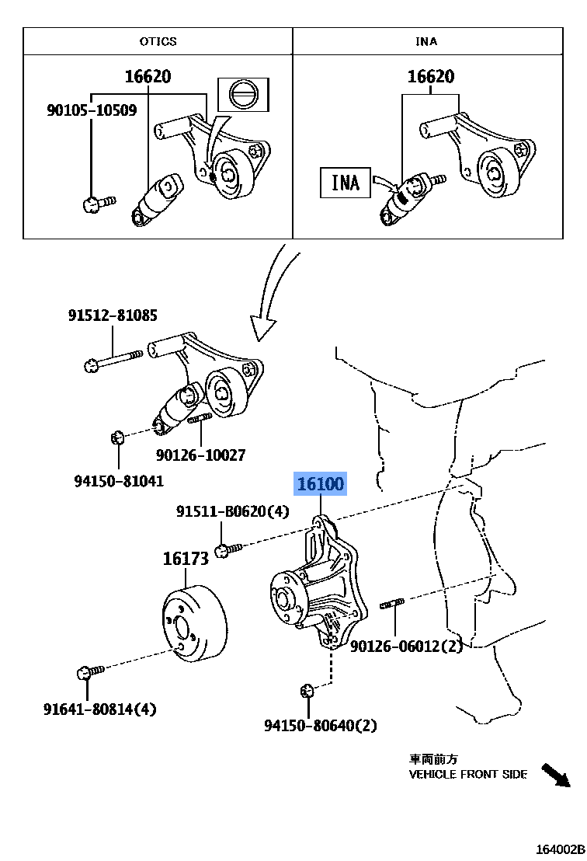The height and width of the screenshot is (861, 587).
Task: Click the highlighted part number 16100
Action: [320, 484]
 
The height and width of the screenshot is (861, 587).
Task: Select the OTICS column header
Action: [158, 41]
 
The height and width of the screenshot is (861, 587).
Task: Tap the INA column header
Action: [426, 41]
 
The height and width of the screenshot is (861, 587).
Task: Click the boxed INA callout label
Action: [345, 182]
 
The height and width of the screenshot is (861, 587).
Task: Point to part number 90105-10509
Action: [91, 110]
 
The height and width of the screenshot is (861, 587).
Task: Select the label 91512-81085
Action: [113, 315]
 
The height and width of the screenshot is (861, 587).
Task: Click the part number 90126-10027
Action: [200, 455]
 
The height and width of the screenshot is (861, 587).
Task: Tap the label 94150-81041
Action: [119, 481]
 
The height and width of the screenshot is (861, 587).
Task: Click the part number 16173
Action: [186, 558]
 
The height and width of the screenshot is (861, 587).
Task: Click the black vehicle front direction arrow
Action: [556, 775]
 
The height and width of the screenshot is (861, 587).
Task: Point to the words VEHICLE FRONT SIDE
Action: [468, 774]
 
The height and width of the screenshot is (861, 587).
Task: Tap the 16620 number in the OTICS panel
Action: [148, 76]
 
